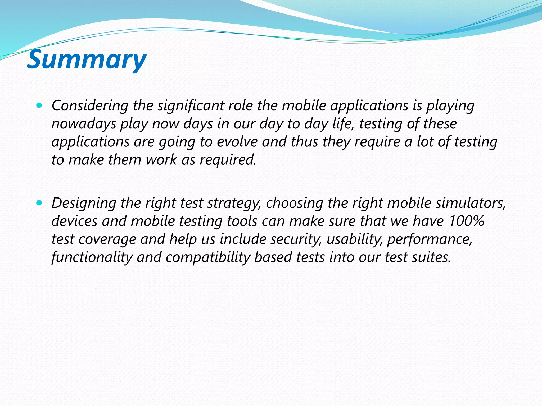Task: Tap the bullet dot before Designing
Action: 39,203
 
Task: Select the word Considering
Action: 90,106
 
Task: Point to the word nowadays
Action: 84,124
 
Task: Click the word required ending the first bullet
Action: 228,160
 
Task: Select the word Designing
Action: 84,203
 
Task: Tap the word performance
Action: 429,239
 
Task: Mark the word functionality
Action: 92,257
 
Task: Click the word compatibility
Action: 208,257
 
